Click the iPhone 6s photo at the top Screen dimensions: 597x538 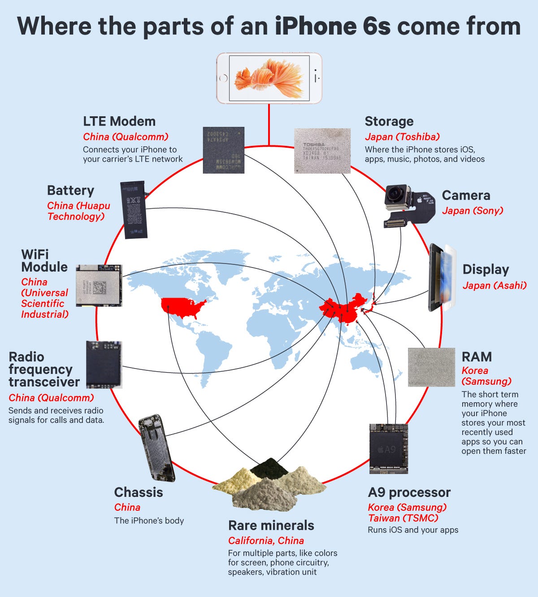(x=269, y=78)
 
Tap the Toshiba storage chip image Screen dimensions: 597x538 (x=322, y=151)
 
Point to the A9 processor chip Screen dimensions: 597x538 (x=388, y=448)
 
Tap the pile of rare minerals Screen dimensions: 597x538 (x=269, y=487)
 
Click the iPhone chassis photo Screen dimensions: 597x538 (x=156, y=448)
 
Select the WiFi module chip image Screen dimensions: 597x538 (x=99, y=285)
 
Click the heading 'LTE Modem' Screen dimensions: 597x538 (x=119, y=121)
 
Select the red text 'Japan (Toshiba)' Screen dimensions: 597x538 (x=402, y=136)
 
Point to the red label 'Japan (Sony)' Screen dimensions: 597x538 (x=473, y=211)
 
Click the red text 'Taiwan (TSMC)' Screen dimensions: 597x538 (x=403, y=518)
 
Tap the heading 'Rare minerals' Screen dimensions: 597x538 (x=271, y=525)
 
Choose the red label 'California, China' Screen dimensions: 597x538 (x=266, y=540)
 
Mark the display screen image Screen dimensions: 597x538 (x=442, y=277)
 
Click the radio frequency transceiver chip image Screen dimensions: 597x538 (x=104, y=364)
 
